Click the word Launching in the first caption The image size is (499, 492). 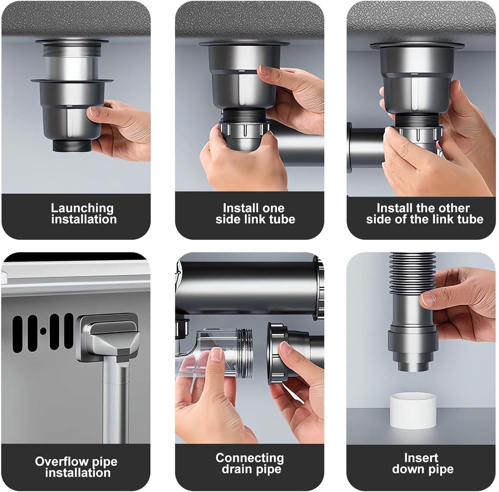point(82,208)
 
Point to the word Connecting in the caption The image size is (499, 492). point(249,458)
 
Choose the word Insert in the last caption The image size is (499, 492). point(421,458)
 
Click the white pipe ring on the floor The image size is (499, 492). point(413,410)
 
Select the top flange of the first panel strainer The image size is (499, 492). point(72,42)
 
